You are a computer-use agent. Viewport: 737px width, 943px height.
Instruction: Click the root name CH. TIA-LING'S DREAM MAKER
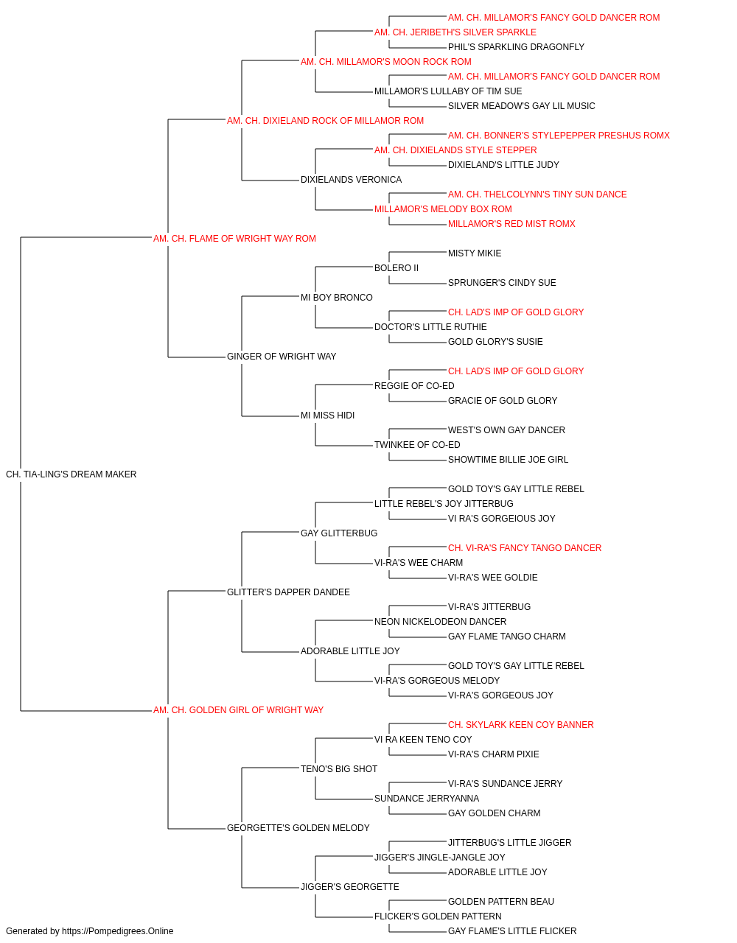(x=71, y=474)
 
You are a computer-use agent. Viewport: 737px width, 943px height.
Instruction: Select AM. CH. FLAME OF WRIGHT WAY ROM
(x=234, y=238)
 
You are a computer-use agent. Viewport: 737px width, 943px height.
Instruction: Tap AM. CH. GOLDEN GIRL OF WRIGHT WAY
(x=238, y=710)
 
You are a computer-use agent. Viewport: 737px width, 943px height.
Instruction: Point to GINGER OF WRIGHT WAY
(x=282, y=357)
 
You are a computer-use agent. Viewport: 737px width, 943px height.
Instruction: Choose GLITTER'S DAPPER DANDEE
(x=288, y=592)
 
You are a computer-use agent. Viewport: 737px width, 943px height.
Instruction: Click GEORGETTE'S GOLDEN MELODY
(x=298, y=827)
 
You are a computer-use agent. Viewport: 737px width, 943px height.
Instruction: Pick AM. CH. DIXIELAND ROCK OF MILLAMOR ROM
(x=325, y=121)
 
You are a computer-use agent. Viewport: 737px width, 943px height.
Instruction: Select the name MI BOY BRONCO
(x=336, y=297)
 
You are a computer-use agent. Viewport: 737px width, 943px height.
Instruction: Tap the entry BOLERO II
(x=397, y=267)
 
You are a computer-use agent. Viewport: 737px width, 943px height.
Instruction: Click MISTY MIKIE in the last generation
(x=475, y=253)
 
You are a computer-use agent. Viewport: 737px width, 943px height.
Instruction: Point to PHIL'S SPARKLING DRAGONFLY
(x=516, y=47)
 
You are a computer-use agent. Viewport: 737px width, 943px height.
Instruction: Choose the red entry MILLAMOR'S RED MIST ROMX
(x=511, y=223)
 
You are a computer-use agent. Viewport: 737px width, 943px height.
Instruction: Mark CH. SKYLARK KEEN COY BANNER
(x=521, y=725)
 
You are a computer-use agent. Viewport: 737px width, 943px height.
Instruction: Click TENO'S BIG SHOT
(x=339, y=768)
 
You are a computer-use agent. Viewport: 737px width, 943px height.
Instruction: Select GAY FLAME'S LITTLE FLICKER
(x=512, y=931)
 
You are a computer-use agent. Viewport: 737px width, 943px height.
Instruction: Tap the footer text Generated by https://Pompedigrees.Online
(x=89, y=931)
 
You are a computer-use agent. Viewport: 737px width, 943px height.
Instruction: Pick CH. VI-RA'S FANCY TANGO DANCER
(x=525, y=547)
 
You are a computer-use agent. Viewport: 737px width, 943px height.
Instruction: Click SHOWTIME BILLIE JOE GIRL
(x=508, y=460)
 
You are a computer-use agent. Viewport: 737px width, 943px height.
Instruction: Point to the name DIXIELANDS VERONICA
(x=351, y=179)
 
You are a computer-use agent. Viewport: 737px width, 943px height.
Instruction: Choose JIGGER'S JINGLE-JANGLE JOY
(x=440, y=857)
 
